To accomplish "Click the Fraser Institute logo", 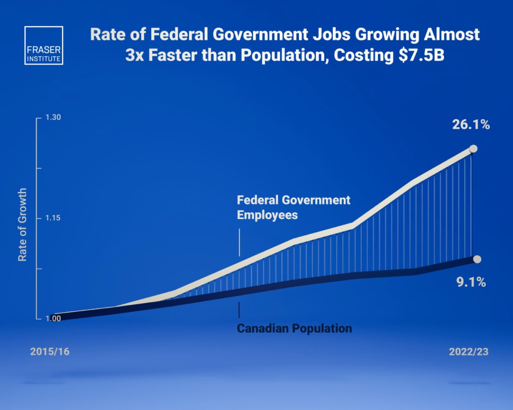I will [x=43, y=45].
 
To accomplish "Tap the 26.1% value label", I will [x=470, y=125].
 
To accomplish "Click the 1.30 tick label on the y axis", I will [x=53, y=118].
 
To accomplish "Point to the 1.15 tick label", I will [x=53, y=218].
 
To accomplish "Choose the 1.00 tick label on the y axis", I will [x=53, y=319].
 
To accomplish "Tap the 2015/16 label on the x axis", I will [x=46, y=352].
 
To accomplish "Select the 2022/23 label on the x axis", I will [x=469, y=352].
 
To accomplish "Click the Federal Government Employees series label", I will [x=293, y=207].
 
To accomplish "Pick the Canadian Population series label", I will [x=294, y=328].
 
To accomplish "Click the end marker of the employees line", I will [x=473, y=149].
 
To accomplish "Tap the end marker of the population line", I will [x=477, y=259].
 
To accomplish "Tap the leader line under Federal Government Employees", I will [x=239, y=242].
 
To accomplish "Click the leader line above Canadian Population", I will [x=239, y=309].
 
